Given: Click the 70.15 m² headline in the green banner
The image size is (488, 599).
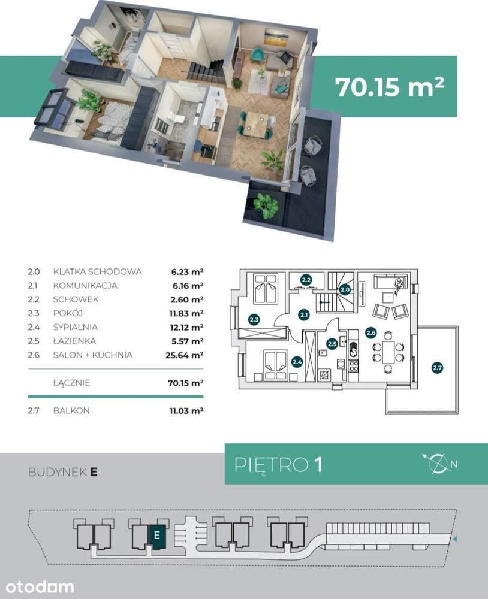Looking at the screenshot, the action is (x=390, y=86).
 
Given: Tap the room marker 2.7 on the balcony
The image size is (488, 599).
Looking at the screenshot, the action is (x=437, y=368).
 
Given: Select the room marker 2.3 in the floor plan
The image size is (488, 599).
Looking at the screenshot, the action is (x=254, y=319).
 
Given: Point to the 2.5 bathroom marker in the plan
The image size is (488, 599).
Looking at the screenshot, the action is (x=332, y=344).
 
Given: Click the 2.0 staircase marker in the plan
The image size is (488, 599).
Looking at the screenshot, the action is (x=345, y=289).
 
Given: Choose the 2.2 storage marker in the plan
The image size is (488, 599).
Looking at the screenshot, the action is (x=306, y=280).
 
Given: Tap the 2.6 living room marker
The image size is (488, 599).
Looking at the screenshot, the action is (x=371, y=332).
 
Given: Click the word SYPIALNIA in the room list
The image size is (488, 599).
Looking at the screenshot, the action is (x=76, y=327).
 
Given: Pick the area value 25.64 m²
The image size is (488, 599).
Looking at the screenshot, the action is (x=184, y=355).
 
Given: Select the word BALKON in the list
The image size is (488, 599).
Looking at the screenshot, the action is (x=71, y=411).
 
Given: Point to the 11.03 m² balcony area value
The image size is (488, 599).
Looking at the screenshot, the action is (x=186, y=411).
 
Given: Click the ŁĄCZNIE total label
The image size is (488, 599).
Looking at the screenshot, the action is (x=71, y=382).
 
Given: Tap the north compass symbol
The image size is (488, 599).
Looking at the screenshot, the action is (x=439, y=464).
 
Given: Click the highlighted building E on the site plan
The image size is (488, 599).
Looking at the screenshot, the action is (x=156, y=535).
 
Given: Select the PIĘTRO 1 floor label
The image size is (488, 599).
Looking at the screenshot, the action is (x=278, y=465).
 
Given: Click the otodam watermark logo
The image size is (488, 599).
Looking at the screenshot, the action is (x=40, y=587).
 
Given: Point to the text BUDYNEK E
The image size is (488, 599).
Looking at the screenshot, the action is (x=63, y=472).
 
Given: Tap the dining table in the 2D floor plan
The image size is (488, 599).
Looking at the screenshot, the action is (x=388, y=352).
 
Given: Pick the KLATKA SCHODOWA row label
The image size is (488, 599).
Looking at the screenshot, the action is (x=97, y=271).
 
